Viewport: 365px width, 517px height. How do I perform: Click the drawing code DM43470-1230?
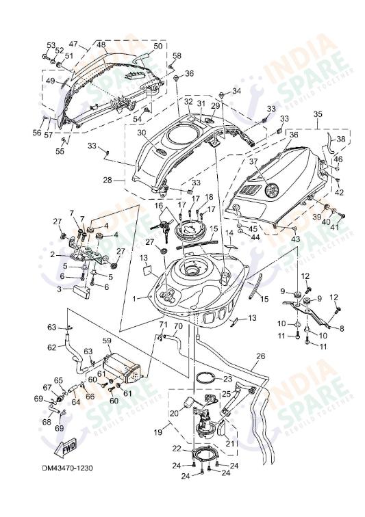66,468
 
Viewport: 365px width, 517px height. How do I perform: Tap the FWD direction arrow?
67,449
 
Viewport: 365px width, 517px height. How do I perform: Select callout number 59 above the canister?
107,340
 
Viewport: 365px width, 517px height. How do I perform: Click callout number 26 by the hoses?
260,356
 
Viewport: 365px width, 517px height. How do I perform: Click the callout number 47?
73,42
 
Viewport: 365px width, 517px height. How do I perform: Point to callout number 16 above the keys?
158,205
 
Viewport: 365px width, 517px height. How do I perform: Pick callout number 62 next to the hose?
51,347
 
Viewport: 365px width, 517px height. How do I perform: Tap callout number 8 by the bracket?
342,328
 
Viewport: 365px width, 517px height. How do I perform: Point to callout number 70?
178,326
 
